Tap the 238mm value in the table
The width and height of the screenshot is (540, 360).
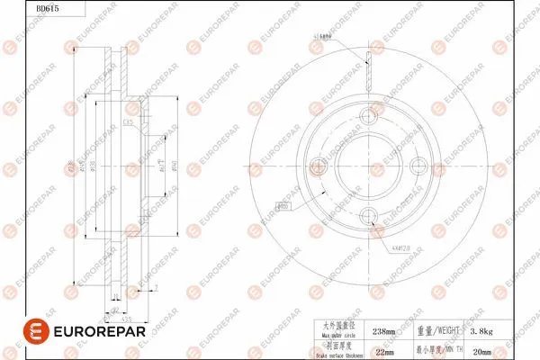tap(384, 331)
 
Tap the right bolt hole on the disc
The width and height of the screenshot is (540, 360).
tap(418, 165)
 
